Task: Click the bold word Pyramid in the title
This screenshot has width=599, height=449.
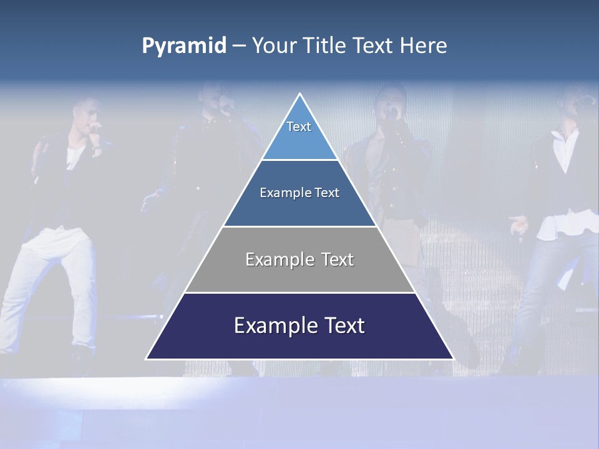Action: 184,46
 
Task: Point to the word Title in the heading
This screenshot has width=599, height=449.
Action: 326,46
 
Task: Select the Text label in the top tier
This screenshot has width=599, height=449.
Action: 299,127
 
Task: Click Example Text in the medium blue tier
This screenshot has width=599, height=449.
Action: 299,193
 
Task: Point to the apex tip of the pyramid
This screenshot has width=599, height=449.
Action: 300,94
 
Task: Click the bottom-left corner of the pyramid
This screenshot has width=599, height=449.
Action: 147,359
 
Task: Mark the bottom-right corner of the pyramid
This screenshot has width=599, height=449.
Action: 454,359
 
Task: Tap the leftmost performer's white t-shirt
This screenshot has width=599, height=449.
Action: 75,156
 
